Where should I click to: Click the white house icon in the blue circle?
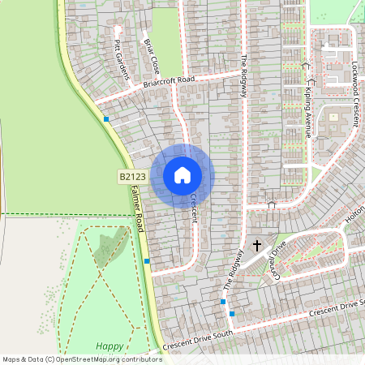[x=182, y=175]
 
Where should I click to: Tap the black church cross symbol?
[x=258, y=245]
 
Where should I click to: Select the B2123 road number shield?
[x=130, y=176]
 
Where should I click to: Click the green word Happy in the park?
[x=109, y=346]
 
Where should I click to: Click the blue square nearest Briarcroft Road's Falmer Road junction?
[x=106, y=119]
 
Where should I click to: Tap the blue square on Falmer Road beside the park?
[x=147, y=261]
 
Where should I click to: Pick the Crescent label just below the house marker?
[x=194, y=208]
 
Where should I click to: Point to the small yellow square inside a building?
[x=333, y=117]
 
